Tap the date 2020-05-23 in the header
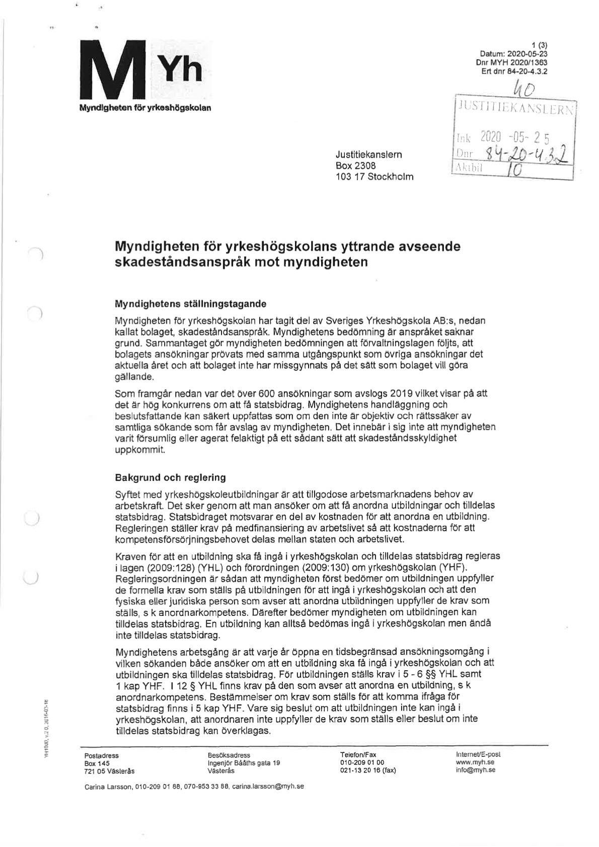click(x=529, y=52)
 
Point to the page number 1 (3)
click(x=540, y=44)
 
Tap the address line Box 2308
click(x=355, y=166)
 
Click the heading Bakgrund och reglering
click(x=170, y=477)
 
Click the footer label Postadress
click(x=102, y=756)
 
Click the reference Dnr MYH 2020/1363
click(x=511, y=62)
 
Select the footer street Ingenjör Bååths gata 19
click(x=244, y=763)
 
